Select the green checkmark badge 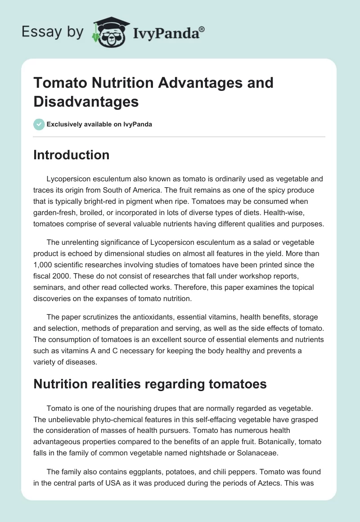[x=39, y=124]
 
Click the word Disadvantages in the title [x=86, y=101]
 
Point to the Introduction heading [x=71, y=155]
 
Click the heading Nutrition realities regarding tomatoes [x=149, y=384]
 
